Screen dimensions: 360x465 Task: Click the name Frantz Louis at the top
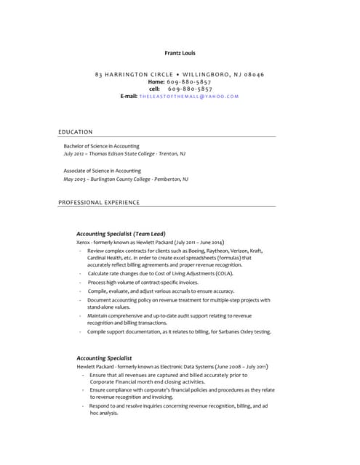point(180,53)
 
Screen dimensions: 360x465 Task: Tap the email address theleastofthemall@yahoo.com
point(189,96)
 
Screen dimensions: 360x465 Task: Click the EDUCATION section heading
point(76,132)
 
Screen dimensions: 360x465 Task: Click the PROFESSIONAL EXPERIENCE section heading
point(99,203)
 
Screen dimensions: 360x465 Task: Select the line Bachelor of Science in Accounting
point(101,146)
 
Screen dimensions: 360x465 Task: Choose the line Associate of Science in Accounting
point(102,171)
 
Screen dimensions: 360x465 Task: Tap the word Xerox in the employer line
point(83,242)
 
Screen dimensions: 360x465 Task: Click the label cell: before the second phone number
point(154,89)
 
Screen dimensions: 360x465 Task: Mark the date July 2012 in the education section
point(73,154)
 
